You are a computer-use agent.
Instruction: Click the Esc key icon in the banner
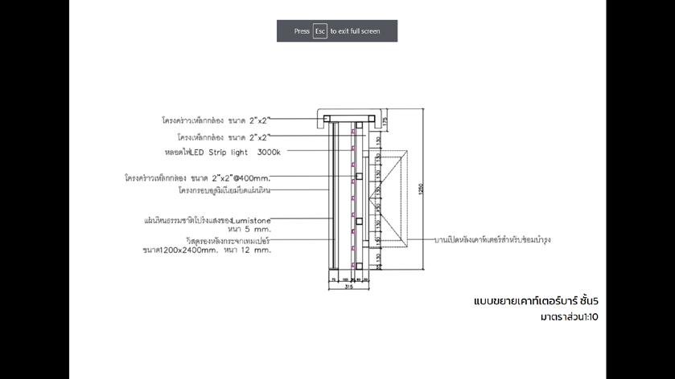(x=320, y=31)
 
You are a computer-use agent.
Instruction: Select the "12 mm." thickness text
(x=260, y=251)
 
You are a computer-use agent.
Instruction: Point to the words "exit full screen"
(x=355, y=31)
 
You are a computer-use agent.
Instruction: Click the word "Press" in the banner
(x=302, y=31)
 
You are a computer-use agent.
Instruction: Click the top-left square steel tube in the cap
(x=327, y=120)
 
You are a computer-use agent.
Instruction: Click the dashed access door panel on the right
(x=390, y=196)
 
